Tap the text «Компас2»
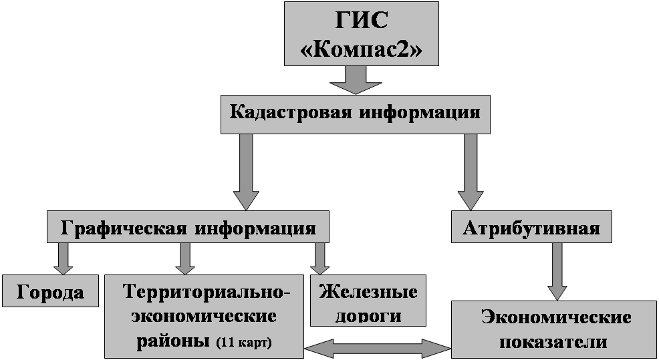[x=362, y=50]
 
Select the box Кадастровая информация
[x=355, y=112]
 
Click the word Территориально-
[x=207, y=292]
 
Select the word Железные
[x=368, y=292]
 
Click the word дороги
[x=368, y=315]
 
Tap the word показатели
[x=553, y=342]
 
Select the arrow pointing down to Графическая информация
[x=245, y=172]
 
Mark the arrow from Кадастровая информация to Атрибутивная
[x=471, y=172]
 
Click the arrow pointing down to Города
[x=64, y=258]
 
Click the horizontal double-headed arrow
[x=378, y=347]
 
